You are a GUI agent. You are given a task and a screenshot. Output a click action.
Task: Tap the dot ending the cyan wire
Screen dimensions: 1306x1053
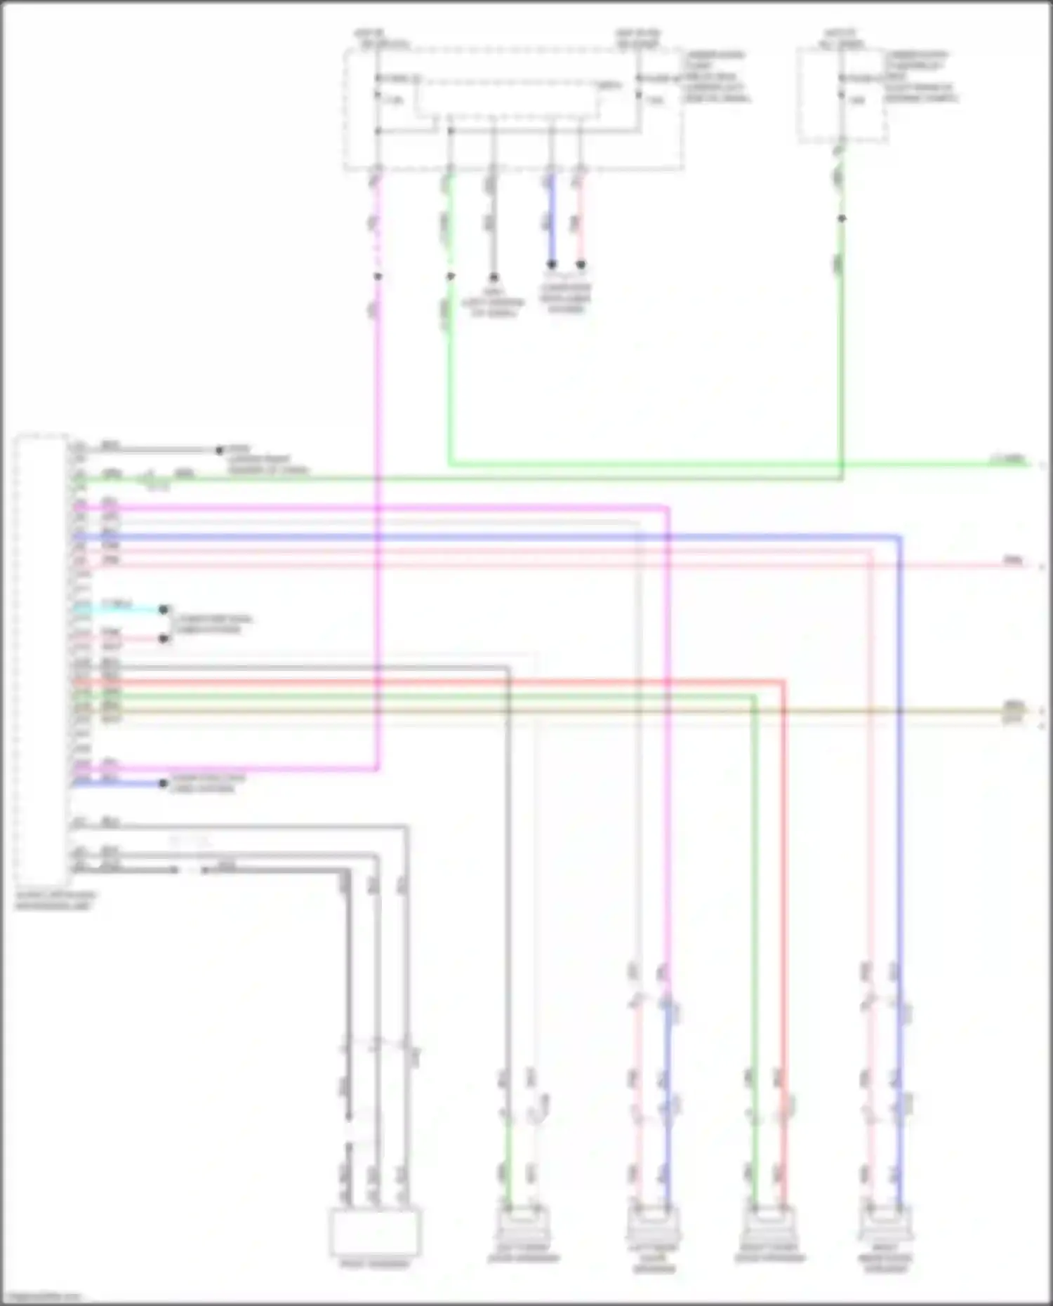coord(164,610)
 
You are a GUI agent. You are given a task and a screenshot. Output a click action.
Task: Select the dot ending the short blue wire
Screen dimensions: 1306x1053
coord(164,783)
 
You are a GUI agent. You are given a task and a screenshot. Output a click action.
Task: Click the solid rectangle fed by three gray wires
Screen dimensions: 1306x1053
coord(376,1232)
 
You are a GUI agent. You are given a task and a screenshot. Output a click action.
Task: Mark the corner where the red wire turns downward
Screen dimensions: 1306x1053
coord(783,681)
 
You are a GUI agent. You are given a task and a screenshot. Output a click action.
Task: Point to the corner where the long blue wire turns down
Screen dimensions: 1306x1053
coord(899,538)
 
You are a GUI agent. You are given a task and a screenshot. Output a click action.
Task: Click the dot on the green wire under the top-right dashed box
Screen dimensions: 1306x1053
coord(842,219)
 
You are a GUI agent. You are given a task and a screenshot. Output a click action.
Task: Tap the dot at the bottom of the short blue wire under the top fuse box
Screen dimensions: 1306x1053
coord(552,265)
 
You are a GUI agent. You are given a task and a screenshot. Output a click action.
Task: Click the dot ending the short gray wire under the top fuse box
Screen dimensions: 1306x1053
coord(494,277)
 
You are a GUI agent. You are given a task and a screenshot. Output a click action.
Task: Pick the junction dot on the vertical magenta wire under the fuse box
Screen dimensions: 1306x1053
coord(378,276)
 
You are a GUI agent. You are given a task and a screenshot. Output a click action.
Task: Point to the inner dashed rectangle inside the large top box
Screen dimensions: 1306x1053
coord(509,98)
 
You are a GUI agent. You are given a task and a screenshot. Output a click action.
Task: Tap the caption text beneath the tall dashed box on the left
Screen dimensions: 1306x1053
coord(55,900)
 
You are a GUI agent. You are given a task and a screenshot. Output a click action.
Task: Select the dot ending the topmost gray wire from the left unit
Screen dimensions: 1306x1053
coord(219,450)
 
